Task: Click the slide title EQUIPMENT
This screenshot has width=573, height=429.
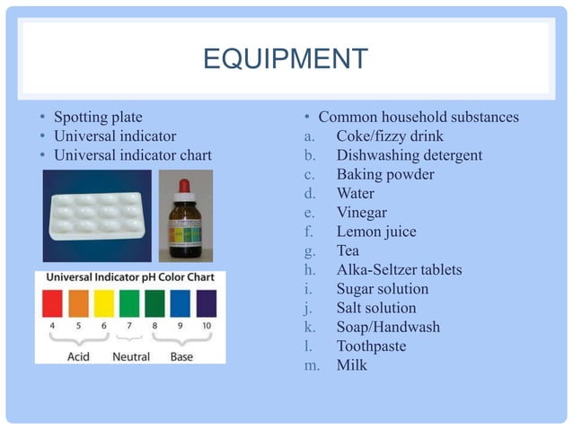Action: click(286, 59)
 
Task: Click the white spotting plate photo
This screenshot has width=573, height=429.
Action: click(98, 214)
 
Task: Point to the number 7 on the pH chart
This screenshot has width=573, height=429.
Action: click(130, 324)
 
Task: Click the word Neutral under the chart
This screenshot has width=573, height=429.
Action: click(130, 356)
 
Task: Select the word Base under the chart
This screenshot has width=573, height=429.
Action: click(181, 356)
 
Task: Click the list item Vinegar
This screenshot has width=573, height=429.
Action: click(362, 213)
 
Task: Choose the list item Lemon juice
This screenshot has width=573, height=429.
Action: click(376, 232)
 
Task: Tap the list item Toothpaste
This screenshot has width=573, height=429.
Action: click(371, 346)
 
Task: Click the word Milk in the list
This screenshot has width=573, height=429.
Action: click(352, 365)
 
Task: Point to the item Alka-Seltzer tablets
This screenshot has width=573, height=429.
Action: click(399, 270)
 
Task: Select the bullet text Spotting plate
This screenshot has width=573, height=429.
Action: click(98, 117)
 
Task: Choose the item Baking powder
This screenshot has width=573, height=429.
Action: click(385, 174)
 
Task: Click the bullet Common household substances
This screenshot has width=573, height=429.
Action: click(419, 117)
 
